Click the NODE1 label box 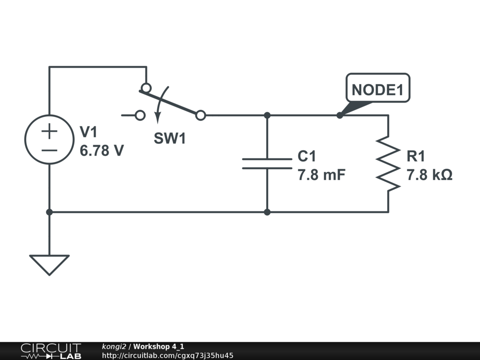[x=378, y=88]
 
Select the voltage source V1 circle [x=49, y=140]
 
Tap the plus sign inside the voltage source [x=49, y=131]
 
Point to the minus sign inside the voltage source [x=49, y=150]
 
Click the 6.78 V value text [x=102, y=150]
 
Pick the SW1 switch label [x=170, y=138]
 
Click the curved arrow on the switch [x=161, y=105]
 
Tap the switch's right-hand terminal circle [x=201, y=115]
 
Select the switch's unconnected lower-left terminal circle [x=140, y=115]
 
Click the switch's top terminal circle [x=146, y=88]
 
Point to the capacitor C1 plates [x=267, y=164]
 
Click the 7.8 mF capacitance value [x=322, y=175]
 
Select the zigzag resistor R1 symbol [x=388, y=163]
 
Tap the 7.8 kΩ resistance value [x=429, y=175]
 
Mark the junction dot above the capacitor [x=267, y=115]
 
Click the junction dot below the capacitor [x=267, y=212]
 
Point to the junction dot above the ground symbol [x=49, y=212]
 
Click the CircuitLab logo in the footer [x=51, y=351]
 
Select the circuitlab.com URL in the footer [x=167, y=355]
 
